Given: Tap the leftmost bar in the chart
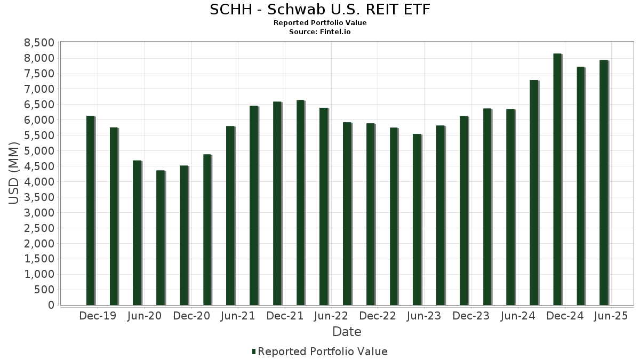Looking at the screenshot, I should (90, 210).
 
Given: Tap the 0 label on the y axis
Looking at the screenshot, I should (51, 305).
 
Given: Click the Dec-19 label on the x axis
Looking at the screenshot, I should (97, 316).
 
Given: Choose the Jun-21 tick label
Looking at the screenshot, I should (238, 316).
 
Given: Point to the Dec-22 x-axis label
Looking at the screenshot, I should (378, 316).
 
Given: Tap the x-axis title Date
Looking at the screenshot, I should (347, 332).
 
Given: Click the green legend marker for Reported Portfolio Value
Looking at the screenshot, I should (254, 351).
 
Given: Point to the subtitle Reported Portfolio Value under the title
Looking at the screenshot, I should (320, 23).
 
